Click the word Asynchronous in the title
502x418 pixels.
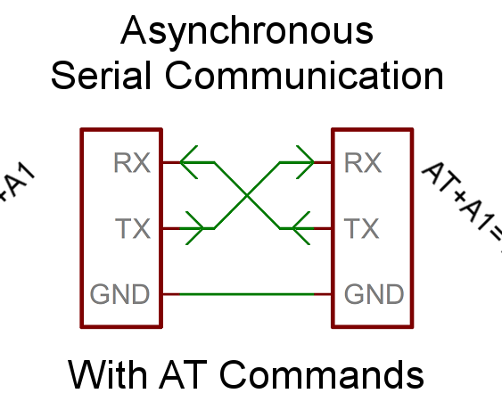[247, 32]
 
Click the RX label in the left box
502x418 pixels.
[133, 164]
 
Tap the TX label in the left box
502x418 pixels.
[135, 229]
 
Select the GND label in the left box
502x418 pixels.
[120, 294]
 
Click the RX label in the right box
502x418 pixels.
[363, 164]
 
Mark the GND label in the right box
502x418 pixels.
[374, 294]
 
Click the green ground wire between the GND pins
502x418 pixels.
[247, 294]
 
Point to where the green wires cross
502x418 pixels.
[247, 195]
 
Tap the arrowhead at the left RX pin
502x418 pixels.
[191, 163]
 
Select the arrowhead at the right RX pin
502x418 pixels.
[303, 163]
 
